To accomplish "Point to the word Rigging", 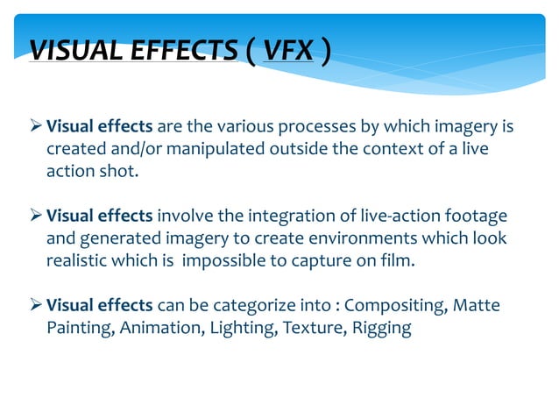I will tap(384, 327).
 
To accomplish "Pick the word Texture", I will tap(302, 327).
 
